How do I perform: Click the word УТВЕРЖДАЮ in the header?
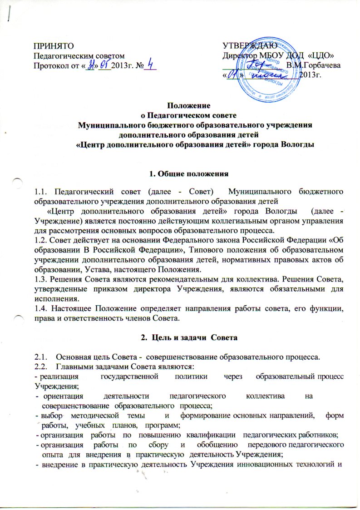pyautogui.click(x=247, y=46)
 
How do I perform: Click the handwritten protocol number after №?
pyautogui.click(x=150, y=66)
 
